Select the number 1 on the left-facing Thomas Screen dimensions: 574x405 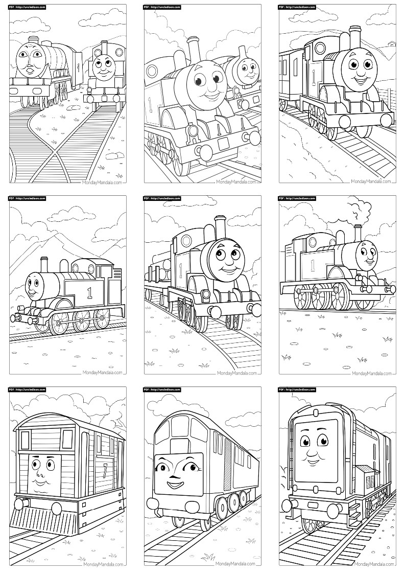[x=90, y=293]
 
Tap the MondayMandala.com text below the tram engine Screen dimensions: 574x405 [x=102, y=564]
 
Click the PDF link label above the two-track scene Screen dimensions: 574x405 [x=29, y=7]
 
